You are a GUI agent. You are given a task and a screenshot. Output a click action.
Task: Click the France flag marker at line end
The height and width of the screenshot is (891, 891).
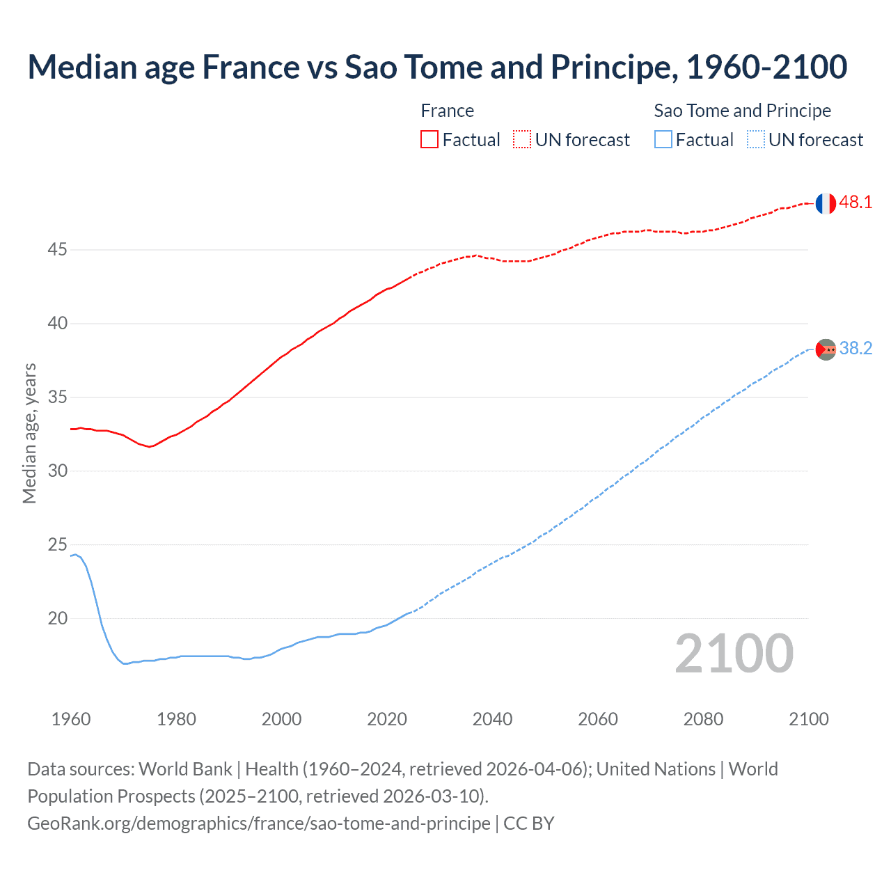tap(826, 203)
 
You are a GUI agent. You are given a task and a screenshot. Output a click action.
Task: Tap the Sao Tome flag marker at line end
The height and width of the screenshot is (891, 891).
tap(826, 349)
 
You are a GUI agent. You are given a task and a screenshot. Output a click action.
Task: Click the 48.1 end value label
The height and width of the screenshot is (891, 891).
tap(855, 203)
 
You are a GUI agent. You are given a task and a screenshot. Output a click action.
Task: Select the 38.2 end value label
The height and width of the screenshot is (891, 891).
tap(855, 349)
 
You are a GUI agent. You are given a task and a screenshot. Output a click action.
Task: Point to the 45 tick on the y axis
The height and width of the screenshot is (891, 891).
tap(57, 249)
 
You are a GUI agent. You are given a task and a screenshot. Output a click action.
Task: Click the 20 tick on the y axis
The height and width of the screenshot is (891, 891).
tap(57, 618)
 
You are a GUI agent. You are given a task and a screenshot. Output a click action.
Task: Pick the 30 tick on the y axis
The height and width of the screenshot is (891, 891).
tap(57, 471)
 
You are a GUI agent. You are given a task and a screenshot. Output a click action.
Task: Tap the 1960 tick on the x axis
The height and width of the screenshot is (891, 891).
tap(71, 719)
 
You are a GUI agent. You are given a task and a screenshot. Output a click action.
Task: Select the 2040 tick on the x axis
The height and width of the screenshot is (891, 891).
tap(492, 719)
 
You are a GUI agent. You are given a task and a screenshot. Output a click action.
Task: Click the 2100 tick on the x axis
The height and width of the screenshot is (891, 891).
tap(808, 719)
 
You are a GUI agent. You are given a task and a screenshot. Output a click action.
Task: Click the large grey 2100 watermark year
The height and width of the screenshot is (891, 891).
tap(734, 653)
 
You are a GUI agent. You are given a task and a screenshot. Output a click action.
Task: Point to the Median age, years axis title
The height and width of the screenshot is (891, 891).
tap(29, 433)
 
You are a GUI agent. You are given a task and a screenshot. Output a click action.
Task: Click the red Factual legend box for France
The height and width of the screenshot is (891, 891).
tap(429, 140)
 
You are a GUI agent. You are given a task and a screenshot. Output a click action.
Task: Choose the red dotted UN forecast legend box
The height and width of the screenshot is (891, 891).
tap(522, 140)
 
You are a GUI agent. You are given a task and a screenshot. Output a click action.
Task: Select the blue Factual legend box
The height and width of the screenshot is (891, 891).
tap(663, 140)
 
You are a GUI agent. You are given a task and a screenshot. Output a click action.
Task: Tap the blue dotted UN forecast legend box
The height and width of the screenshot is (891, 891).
tap(755, 140)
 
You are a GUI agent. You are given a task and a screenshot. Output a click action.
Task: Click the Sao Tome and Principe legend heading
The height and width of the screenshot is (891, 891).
tap(742, 111)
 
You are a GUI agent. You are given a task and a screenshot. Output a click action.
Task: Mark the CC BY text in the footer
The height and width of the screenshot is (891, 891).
tap(528, 823)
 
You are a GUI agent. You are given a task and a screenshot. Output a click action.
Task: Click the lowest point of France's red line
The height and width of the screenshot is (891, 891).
tap(150, 447)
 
